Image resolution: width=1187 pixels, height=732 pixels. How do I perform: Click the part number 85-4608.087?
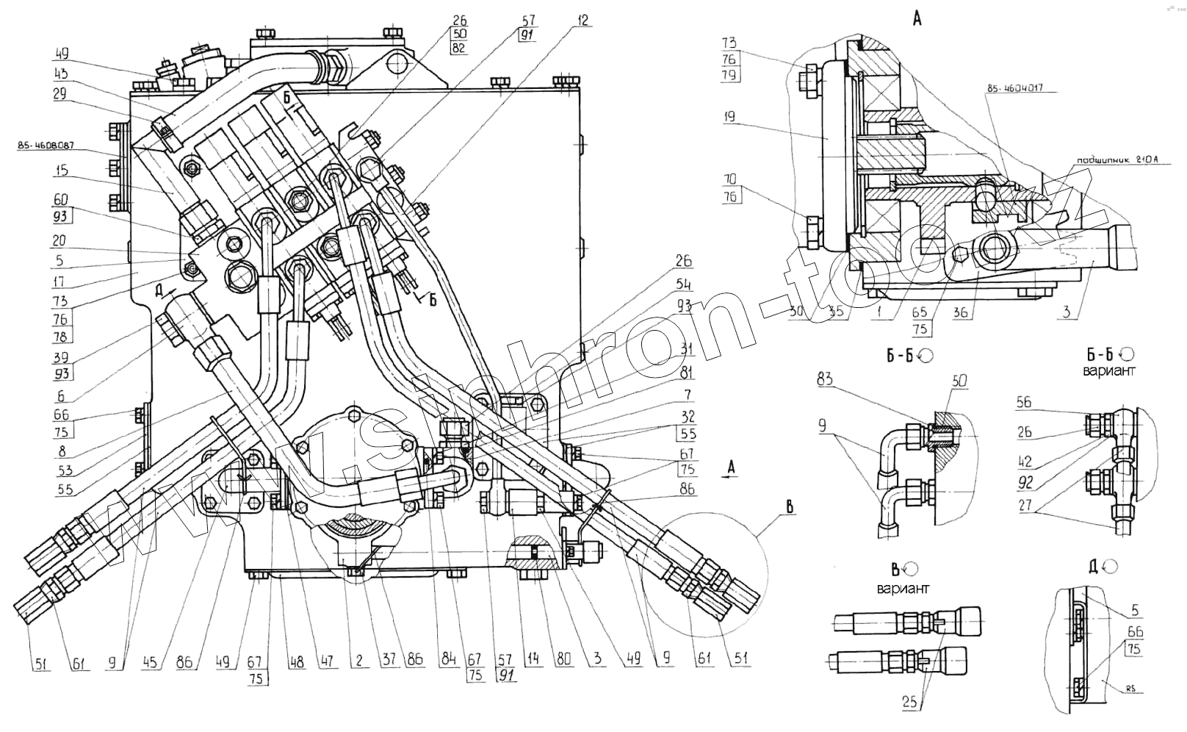point(48,146)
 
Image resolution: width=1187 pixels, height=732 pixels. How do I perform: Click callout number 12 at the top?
point(582,21)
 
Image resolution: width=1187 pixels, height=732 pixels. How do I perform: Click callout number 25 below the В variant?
point(909,702)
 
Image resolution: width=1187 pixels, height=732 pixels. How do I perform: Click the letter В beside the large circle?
point(789,507)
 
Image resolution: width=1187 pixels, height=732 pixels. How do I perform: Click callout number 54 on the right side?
point(683,284)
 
